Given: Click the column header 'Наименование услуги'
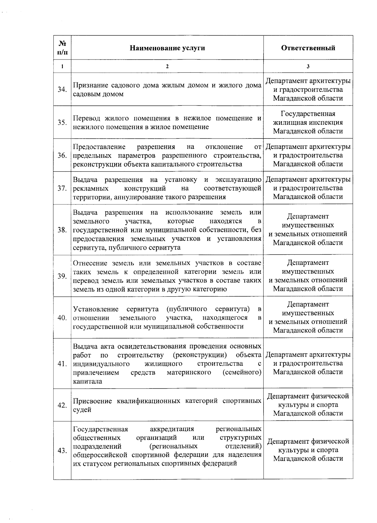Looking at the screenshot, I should click(167, 48).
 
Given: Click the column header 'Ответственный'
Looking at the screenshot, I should click(308, 48).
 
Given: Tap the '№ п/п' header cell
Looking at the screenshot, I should click(62, 48).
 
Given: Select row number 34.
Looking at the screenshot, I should click(62, 89).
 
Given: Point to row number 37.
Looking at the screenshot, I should click(62, 188).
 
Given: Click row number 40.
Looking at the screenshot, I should click(62, 318).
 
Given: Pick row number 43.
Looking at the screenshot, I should click(62, 451).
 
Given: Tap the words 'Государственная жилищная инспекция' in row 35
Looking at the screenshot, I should click(308, 118).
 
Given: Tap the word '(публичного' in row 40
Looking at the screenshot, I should click(187, 309).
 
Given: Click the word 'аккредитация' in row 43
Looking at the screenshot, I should click(172, 429).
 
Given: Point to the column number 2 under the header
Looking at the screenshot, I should click(167, 66).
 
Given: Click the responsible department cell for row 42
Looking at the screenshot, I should click(308, 405).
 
